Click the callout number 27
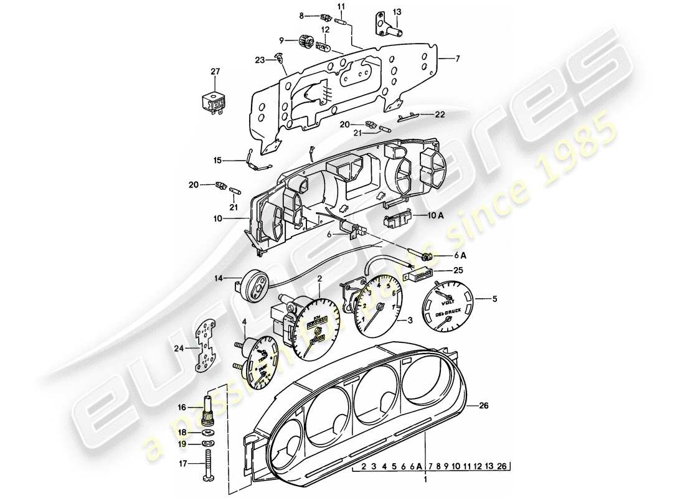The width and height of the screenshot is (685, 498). click(x=215, y=72)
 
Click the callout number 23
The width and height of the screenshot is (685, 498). click(x=260, y=59)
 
